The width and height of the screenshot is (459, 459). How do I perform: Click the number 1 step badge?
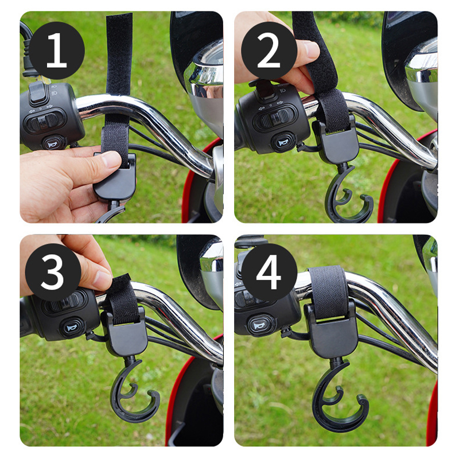tap(56, 50)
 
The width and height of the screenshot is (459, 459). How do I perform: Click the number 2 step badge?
tap(269, 50)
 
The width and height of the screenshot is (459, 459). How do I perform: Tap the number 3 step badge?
tap(53, 272)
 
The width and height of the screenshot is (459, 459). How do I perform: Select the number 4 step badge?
tap(269, 272)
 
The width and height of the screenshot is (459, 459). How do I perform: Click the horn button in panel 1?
tap(54, 143)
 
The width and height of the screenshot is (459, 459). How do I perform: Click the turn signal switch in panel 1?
tap(45, 121)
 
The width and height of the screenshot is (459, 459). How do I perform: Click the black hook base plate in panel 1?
tap(116, 178)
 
